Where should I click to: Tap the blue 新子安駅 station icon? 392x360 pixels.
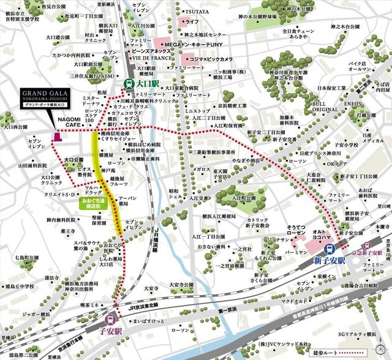coord(330,249)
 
